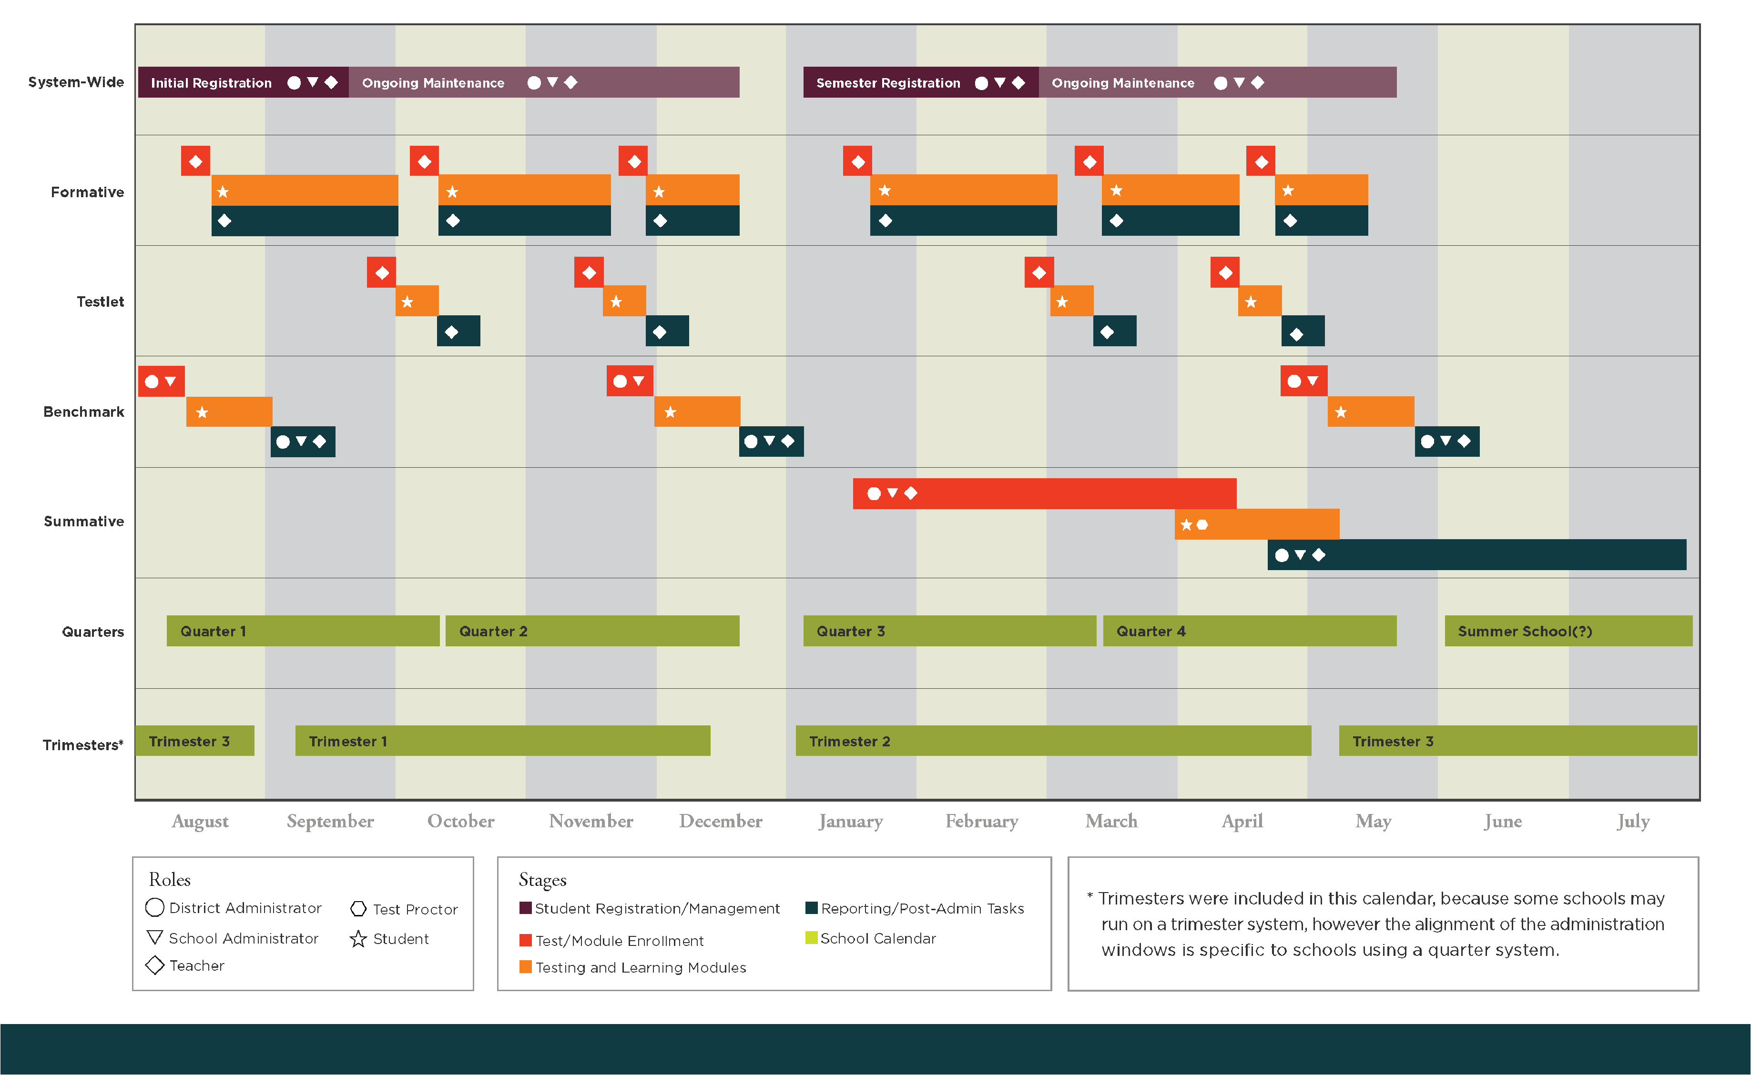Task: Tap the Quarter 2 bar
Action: point(592,631)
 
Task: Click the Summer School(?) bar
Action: point(1568,631)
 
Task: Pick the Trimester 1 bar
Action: point(502,741)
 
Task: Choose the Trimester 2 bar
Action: point(1053,741)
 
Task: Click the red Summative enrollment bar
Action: point(1044,493)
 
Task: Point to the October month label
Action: point(460,821)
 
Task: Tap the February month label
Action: point(981,821)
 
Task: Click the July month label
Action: point(1632,821)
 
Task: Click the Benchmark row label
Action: point(83,412)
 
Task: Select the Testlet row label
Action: point(100,301)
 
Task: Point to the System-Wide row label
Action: point(76,82)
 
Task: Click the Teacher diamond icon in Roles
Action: point(154,965)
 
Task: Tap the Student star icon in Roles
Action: point(358,939)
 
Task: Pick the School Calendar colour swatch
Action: point(811,938)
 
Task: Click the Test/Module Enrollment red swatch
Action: point(526,940)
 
